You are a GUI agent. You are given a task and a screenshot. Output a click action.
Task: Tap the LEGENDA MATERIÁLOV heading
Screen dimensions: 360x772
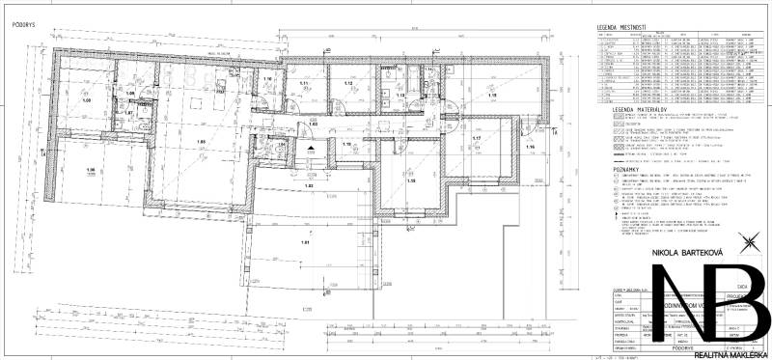tap(631, 111)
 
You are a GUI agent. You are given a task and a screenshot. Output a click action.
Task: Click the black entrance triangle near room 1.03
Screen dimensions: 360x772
tap(312, 146)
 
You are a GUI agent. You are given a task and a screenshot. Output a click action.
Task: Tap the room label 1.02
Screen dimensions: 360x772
tap(309, 184)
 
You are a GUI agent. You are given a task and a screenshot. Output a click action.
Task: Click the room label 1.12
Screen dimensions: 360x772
tap(348, 84)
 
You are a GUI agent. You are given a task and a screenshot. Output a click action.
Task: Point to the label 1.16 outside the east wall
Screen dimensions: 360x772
tap(530, 147)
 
